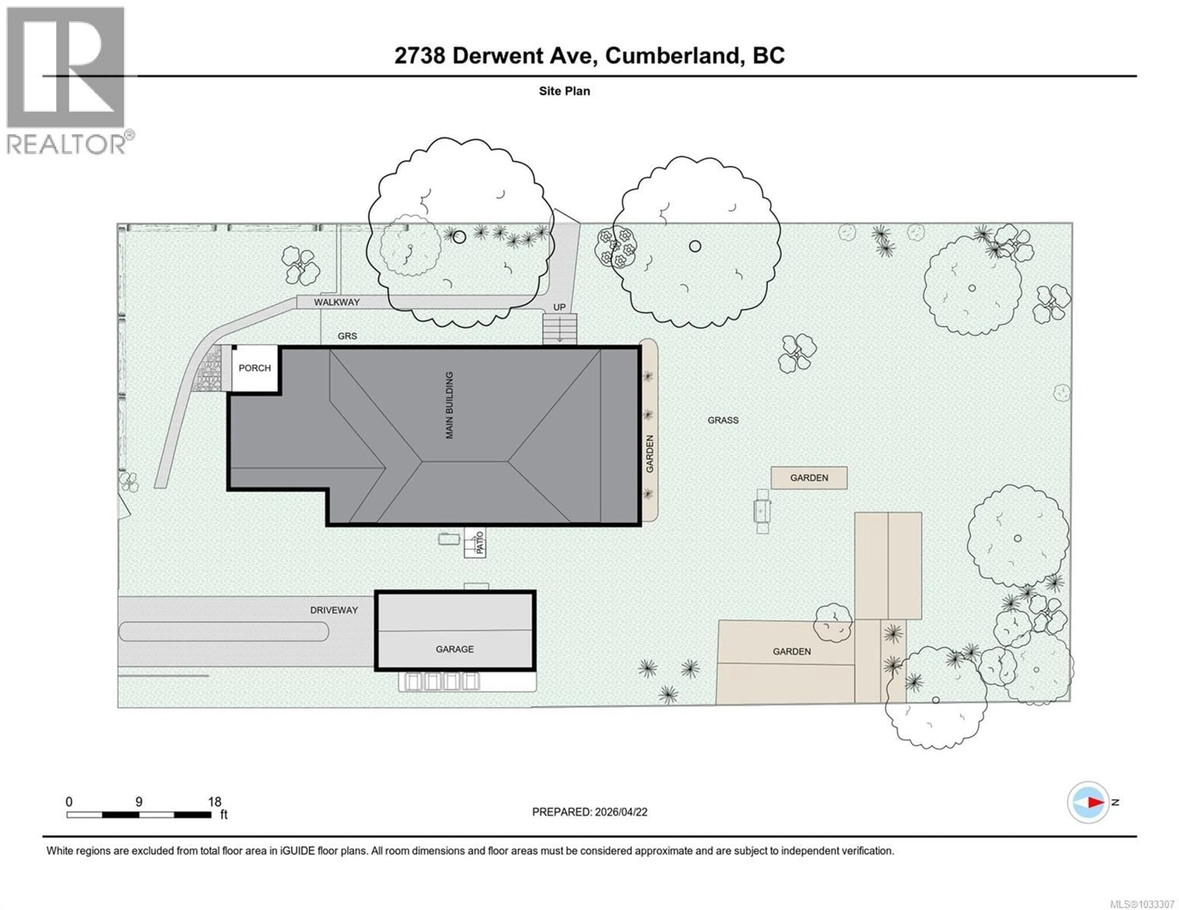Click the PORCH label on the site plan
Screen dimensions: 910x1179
[255, 368]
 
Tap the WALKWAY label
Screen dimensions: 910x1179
[337, 302]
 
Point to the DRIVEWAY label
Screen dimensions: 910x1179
[334, 610]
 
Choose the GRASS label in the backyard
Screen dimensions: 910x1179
[723, 420]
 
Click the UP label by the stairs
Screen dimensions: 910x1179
[559, 307]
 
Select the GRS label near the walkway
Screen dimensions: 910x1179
[347, 336]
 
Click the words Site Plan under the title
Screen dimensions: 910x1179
[564, 91]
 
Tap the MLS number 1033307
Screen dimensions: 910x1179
[1156, 904]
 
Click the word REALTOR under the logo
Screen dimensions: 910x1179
[66, 144]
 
